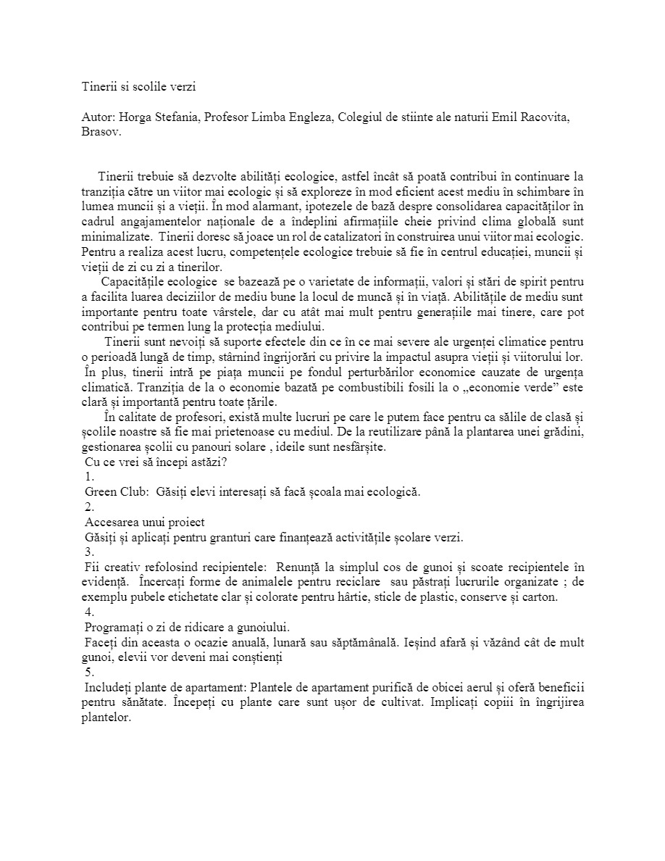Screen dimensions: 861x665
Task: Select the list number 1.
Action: [x=89, y=477]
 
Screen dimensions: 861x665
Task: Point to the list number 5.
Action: [x=89, y=672]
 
